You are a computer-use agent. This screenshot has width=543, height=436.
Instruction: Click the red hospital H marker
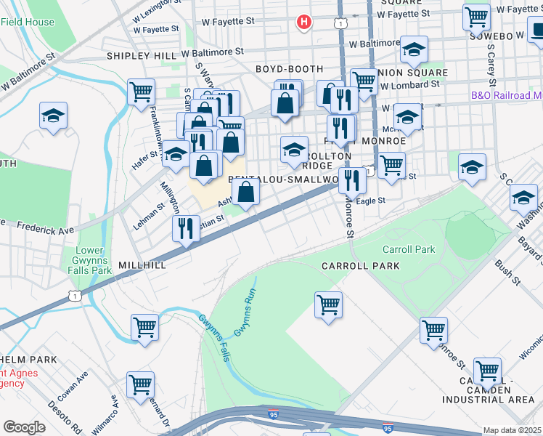pyautogui.click(x=304, y=23)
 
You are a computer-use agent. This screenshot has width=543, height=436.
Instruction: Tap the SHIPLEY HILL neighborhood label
pyautogui.click(x=142, y=55)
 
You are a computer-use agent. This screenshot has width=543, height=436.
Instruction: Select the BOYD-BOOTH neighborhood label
pyautogui.click(x=283, y=69)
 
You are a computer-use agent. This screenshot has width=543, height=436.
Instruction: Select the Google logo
pyautogui.click(x=24, y=427)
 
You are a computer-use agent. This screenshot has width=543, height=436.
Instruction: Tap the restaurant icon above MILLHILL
pyautogui.click(x=186, y=228)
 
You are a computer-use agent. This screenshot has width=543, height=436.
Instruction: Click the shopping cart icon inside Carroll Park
pyautogui.click(x=329, y=303)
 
